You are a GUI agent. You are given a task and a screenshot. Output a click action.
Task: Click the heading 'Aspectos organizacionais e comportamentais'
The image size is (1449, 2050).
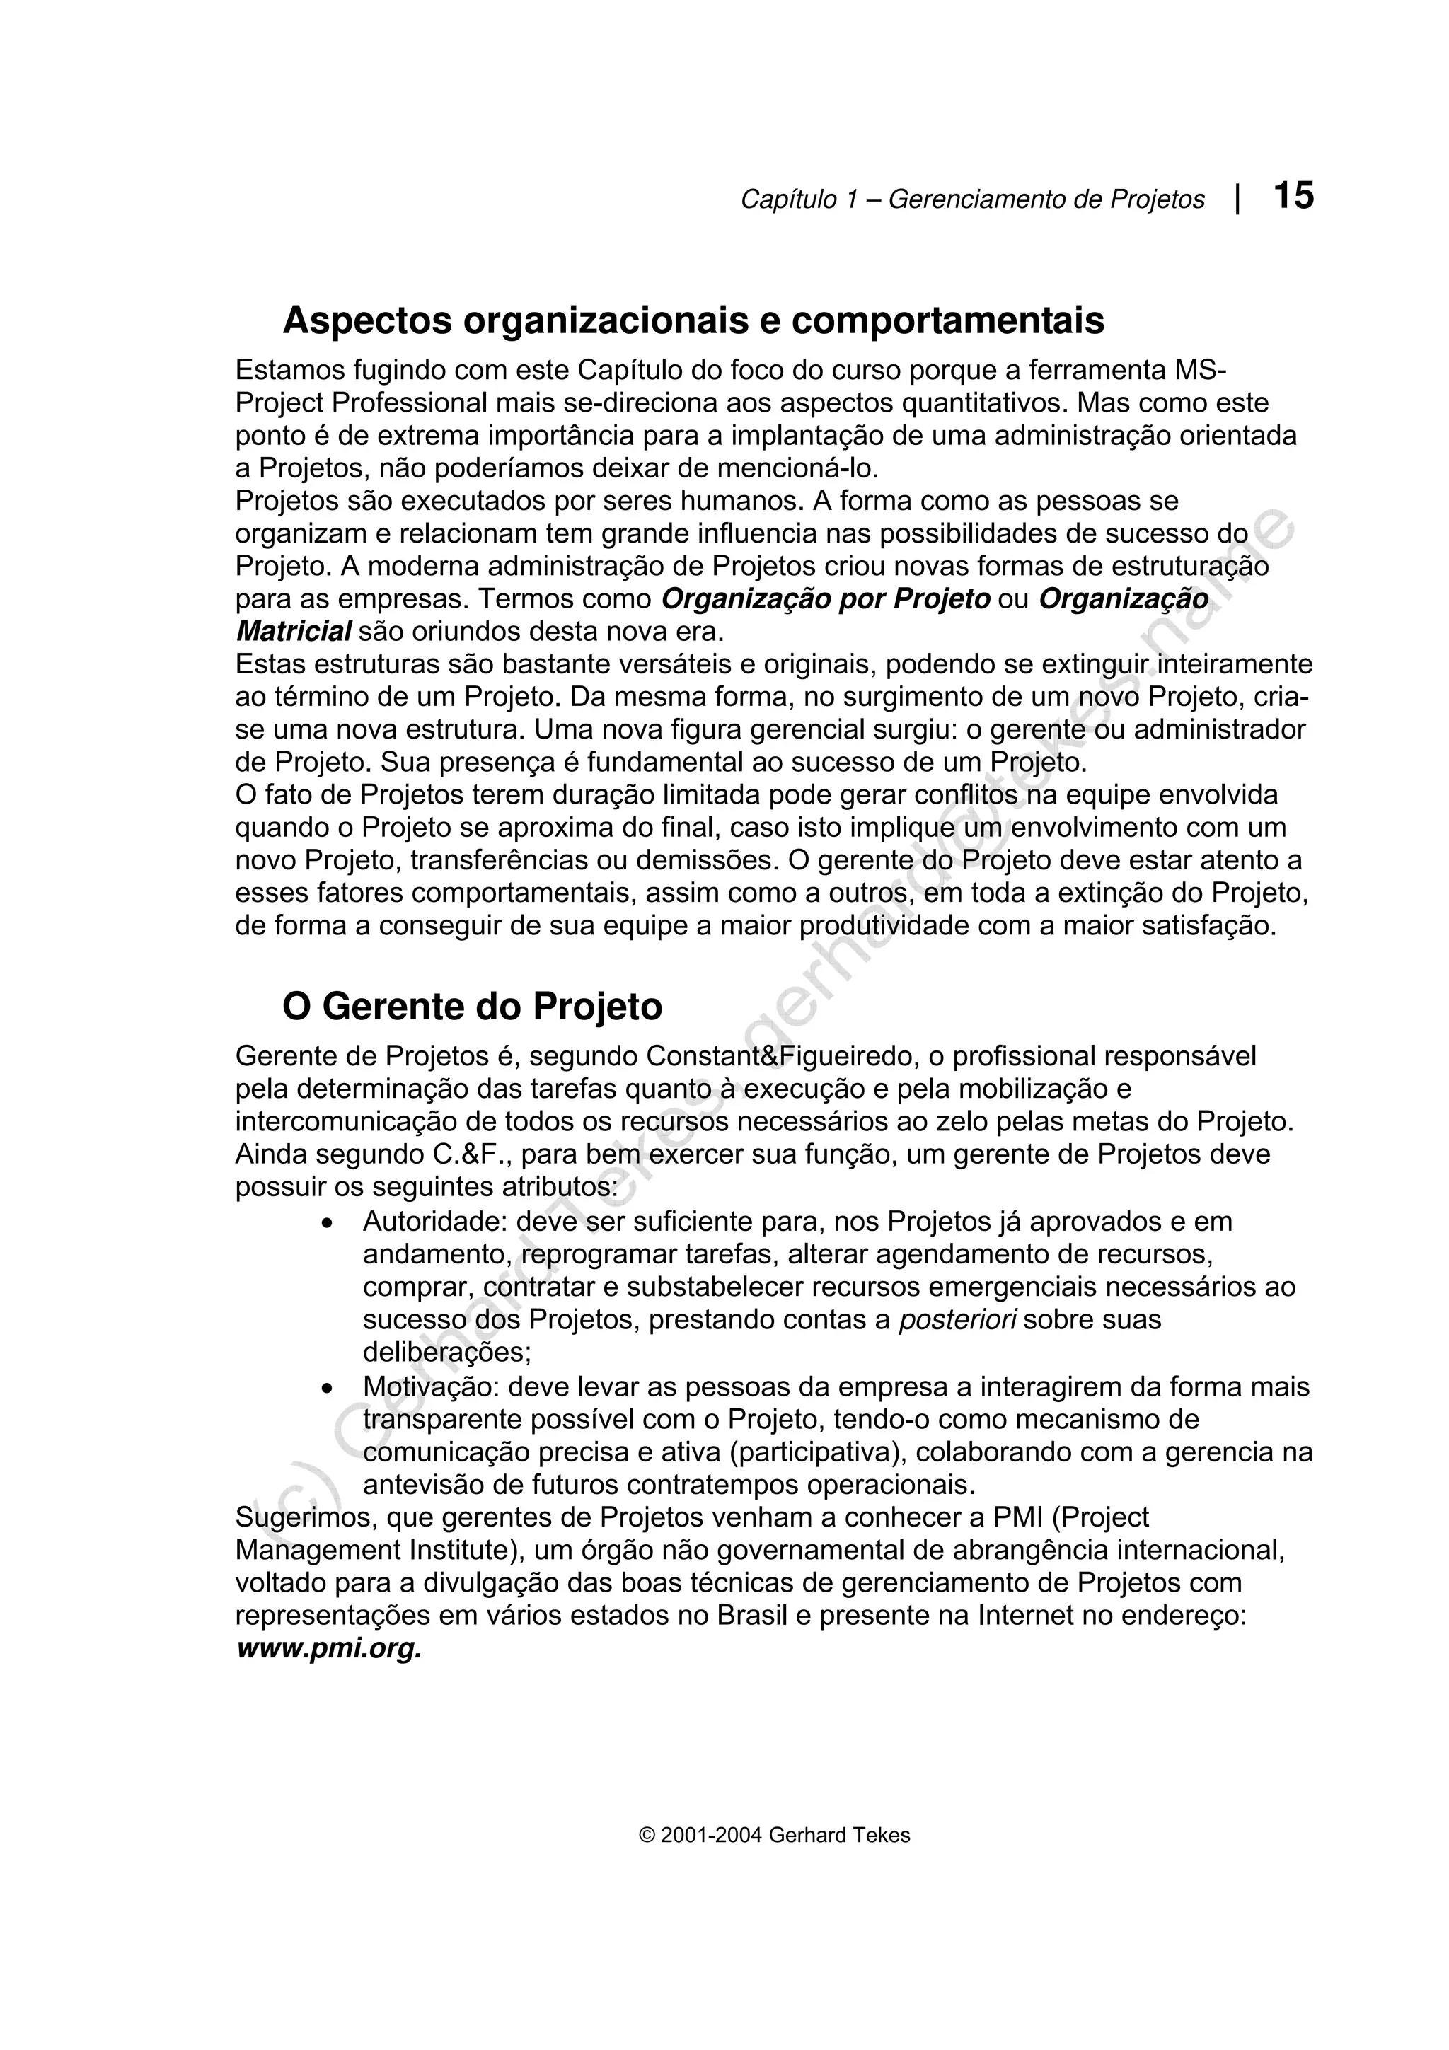click(x=693, y=320)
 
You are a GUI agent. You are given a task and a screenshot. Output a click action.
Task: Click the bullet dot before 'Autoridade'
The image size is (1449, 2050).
click(x=328, y=1223)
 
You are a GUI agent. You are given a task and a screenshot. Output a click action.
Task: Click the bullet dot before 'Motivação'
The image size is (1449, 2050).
click(x=328, y=1389)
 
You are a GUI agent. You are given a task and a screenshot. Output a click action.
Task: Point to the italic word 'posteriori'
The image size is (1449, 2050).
click(x=958, y=1320)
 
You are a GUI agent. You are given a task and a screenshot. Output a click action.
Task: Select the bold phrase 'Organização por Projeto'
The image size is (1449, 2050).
click(x=826, y=599)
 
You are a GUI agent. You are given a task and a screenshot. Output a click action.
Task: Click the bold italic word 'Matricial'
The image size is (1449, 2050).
click(x=293, y=632)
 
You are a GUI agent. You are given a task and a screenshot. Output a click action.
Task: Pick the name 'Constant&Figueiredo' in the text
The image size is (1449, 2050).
click(x=783, y=1057)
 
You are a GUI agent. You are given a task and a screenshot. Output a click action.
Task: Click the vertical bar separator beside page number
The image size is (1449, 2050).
click(x=1237, y=198)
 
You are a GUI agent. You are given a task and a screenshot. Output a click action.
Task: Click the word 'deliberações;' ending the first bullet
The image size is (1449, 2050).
click(x=446, y=1353)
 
